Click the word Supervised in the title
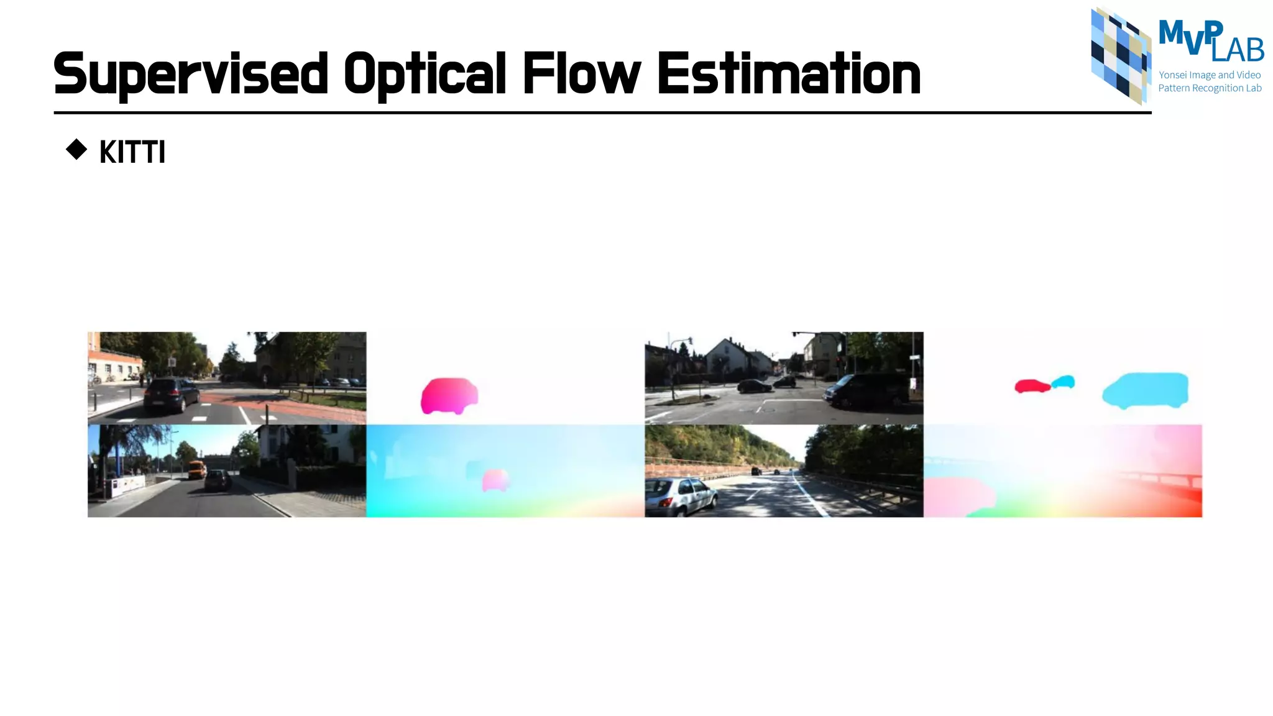click(x=190, y=75)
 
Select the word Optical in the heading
click(x=425, y=75)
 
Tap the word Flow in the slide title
click(x=581, y=75)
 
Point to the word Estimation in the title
click(x=788, y=75)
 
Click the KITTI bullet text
click(x=132, y=152)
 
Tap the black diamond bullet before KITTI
click(x=76, y=150)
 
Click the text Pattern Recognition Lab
click(x=1209, y=88)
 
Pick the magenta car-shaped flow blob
click(x=449, y=395)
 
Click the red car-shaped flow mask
click(x=1031, y=387)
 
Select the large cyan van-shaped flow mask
click(x=1145, y=390)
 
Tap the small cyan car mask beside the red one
click(x=1064, y=382)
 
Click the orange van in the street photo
click(x=198, y=469)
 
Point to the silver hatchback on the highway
click(x=681, y=496)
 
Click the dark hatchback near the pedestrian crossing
click(x=170, y=395)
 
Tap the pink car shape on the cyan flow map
click(x=495, y=480)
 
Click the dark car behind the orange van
click(x=217, y=480)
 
